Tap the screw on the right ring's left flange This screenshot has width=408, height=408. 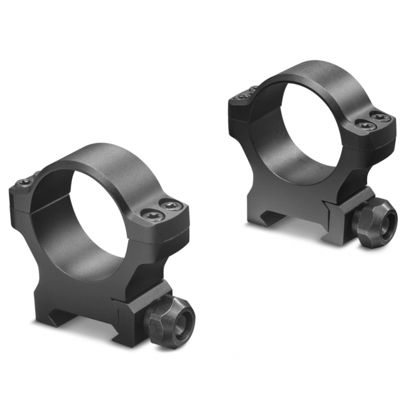tap(245, 96)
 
